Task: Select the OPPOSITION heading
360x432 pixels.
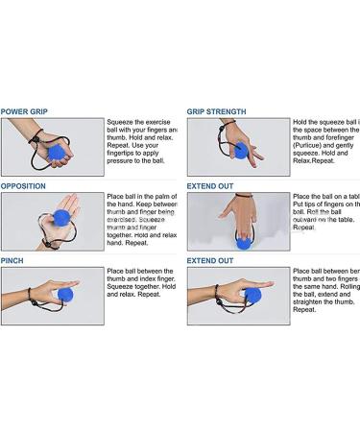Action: coord(24,185)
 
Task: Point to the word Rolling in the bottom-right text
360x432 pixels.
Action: coord(342,293)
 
